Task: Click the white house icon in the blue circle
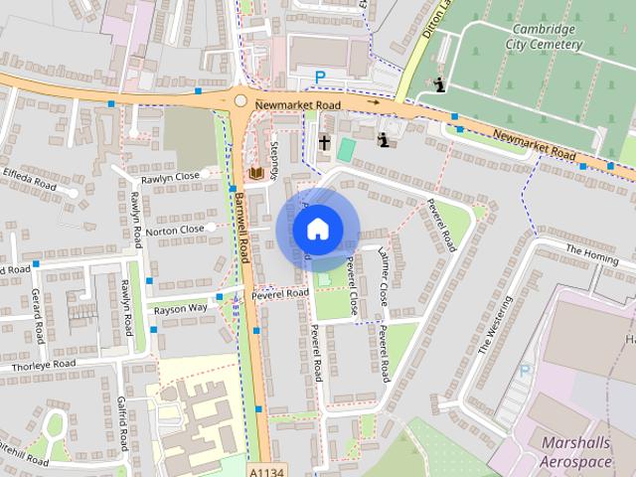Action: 317,229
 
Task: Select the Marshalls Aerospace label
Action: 578,452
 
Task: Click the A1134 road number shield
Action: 263,467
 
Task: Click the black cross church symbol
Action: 324,142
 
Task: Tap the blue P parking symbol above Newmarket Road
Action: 320,77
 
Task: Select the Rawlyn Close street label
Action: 172,175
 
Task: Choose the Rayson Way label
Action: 180,309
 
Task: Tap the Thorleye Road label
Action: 44,366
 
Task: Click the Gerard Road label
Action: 38,316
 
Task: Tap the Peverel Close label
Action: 352,285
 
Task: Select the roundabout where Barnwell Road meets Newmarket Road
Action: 239,100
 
